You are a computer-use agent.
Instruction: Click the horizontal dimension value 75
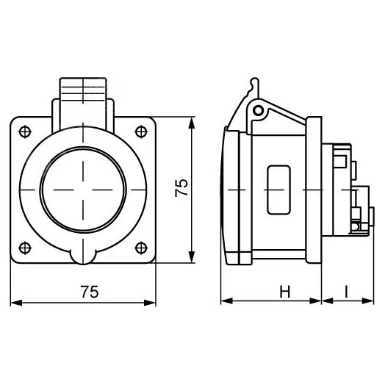point(89,292)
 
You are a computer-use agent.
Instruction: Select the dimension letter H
point(284,292)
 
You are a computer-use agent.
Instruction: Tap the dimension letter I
point(345,292)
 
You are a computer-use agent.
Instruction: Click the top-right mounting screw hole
point(140,132)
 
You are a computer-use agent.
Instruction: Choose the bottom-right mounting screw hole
point(140,246)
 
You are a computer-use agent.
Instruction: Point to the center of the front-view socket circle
point(83,189)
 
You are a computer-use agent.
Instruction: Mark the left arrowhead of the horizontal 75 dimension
point(18,301)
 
